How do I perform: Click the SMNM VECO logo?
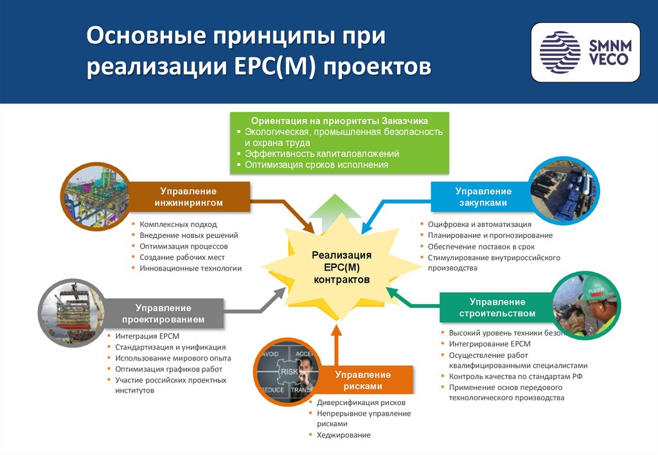585,52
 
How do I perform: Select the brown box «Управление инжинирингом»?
188,197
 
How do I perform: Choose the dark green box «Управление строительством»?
497,307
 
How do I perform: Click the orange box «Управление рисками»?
362,380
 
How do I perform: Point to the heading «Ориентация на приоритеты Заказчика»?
339,120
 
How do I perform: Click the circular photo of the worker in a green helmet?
585,306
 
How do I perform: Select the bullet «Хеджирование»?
343,435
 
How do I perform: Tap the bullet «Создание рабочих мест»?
182,257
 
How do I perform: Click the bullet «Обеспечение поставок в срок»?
481,246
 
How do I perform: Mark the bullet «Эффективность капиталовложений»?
322,154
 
